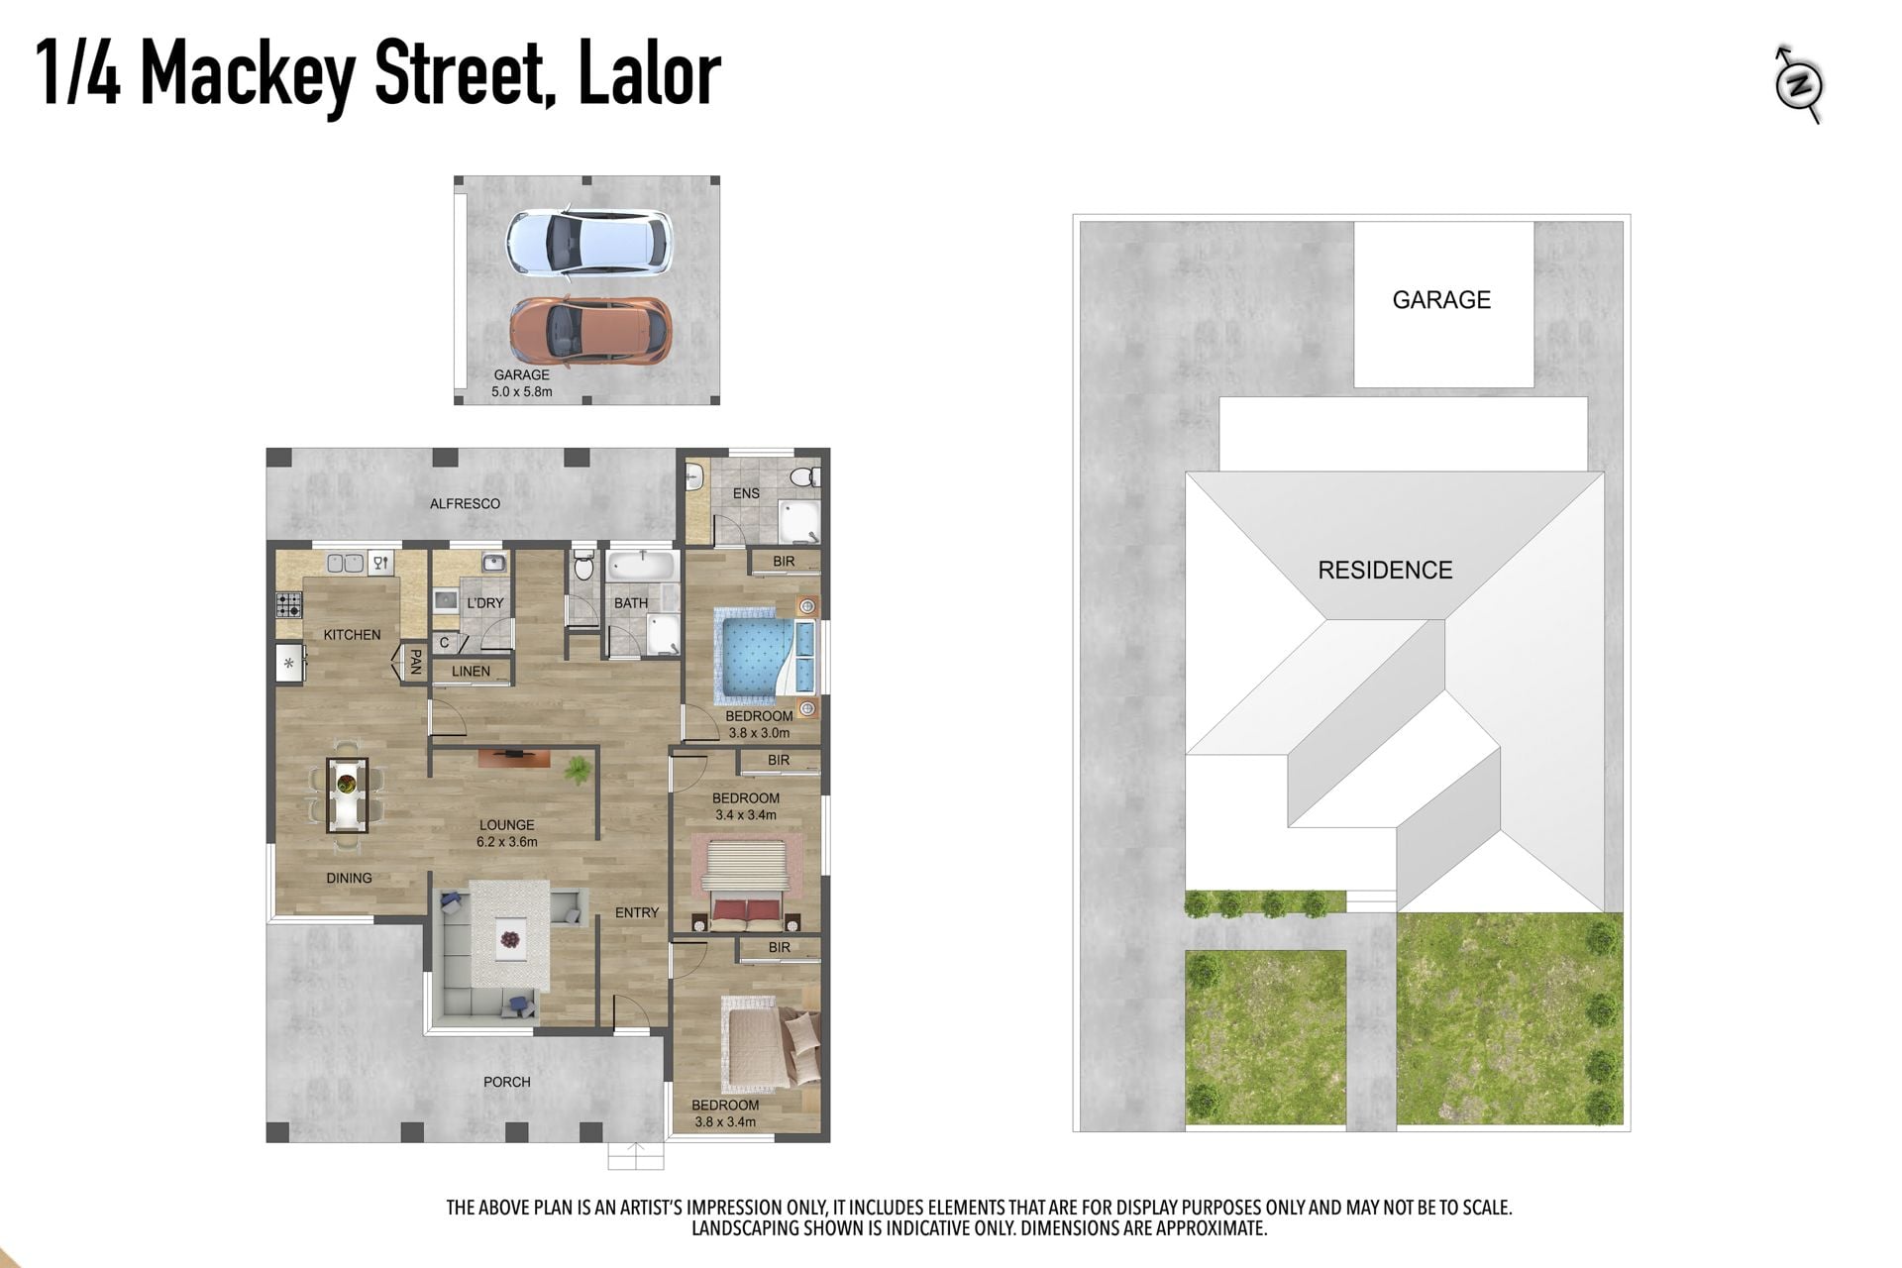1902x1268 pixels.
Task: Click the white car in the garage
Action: coord(588,242)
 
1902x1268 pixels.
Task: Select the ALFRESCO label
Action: coord(465,503)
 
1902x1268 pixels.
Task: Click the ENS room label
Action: coord(746,493)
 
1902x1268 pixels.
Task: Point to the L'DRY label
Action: coord(485,602)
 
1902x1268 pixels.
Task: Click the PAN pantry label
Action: coord(415,662)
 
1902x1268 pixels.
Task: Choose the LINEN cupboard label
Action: coord(471,671)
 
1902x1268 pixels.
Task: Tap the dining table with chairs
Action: coord(347,795)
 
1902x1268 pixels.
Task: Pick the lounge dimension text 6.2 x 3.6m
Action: coord(507,842)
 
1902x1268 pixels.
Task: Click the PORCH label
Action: coord(507,1082)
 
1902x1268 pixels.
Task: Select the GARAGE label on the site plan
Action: coord(1441,300)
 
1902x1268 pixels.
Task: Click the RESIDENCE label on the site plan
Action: coord(1385,570)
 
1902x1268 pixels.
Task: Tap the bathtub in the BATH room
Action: coord(641,568)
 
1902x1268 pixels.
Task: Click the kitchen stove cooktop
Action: coord(288,604)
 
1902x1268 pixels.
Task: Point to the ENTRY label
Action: coord(637,912)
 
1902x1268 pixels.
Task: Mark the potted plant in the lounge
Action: coord(577,769)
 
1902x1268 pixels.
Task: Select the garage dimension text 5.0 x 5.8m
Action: coord(522,391)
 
